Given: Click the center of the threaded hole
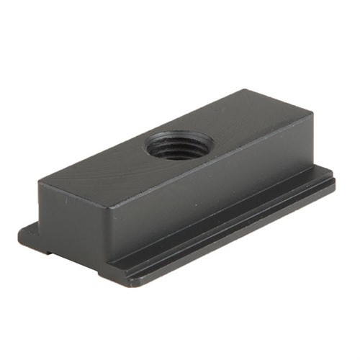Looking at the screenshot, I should tap(179, 145).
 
